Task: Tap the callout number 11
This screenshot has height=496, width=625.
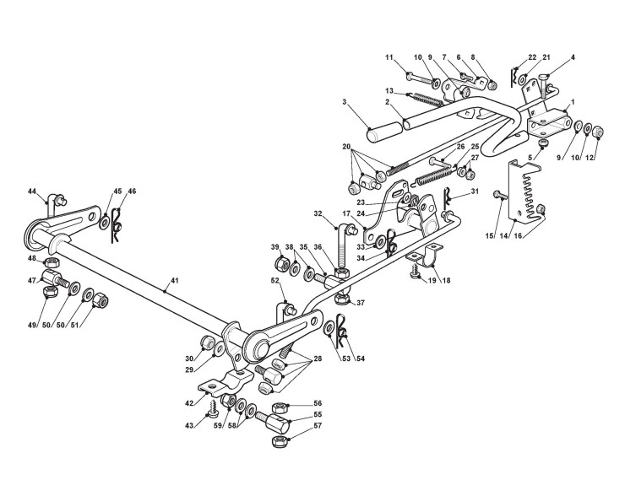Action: click(389, 57)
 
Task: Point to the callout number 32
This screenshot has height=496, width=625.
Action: click(320, 213)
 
